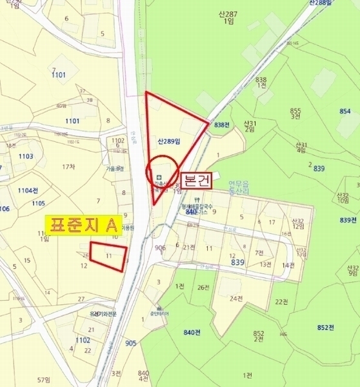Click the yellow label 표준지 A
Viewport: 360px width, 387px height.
coord(83,225)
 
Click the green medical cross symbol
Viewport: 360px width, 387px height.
coord(159,176)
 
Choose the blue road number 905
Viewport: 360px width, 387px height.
coord(130,342)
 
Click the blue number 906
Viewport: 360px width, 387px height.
coord(161,246)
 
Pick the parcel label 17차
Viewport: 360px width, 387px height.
coord(69,167)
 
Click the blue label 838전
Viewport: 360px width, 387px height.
coord(222,124)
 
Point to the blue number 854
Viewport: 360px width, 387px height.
coord(345,111)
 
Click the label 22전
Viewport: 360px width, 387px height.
coord(281,302)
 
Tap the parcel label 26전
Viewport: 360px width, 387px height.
coord(204,288)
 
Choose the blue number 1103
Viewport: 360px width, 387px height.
coord(26,157)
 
